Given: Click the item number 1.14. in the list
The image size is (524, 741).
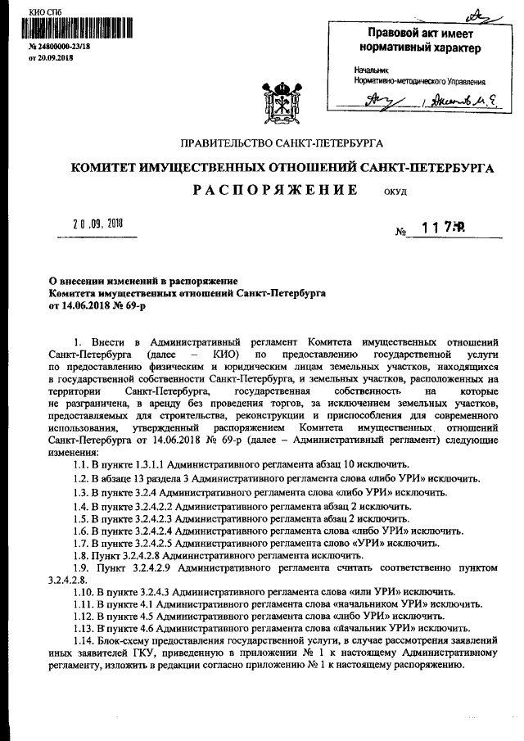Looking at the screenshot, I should tap(84, 639).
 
